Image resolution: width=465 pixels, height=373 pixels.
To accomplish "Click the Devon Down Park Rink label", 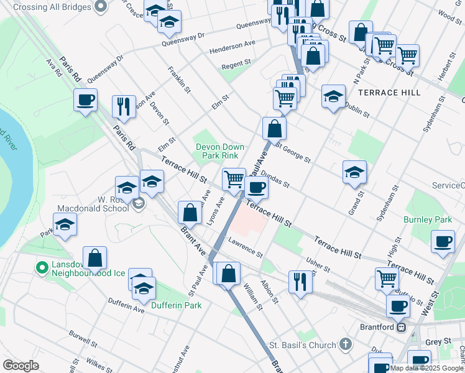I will tap(220, 151).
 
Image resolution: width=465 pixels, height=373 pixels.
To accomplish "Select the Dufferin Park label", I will tap(180, 305).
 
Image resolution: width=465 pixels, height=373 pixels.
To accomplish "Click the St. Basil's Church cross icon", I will tap(346, 344).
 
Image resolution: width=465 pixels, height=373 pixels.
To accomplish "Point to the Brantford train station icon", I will tap(402, 327).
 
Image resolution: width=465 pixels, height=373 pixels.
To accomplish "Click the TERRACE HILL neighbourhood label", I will tap(389, 93).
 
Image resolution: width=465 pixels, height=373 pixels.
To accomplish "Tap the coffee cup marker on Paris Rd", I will tap(85, 99).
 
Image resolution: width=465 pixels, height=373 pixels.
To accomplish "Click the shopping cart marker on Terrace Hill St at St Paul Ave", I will tap(234, 179).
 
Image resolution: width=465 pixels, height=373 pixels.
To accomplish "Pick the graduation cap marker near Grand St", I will tap(354, 172).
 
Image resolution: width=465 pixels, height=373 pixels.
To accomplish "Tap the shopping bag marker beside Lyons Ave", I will tap(190, 213).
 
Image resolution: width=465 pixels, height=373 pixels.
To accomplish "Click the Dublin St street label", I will tap(357, 111).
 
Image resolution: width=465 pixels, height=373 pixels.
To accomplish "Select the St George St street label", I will tap(294, 153).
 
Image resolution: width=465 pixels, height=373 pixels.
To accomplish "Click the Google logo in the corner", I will tap(21, 366).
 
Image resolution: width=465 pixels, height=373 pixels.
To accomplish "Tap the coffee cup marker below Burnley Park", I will tap(443, 242).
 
